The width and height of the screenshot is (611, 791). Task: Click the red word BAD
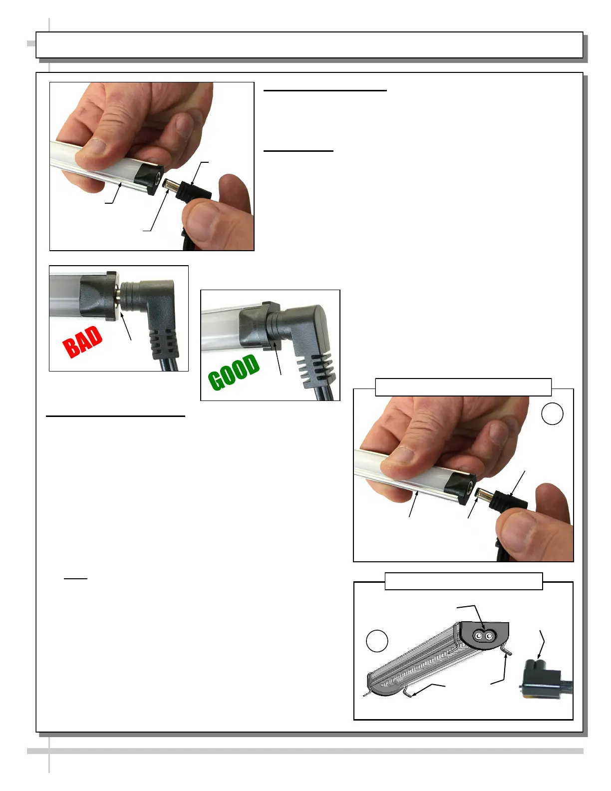[x=82, y=342]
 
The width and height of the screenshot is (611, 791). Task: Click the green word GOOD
[x=234, y=372]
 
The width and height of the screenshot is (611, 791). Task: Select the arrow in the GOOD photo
[x=278, y=358]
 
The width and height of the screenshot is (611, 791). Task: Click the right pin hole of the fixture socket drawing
[x=490, y=636]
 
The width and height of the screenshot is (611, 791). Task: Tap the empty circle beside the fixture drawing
[x=377, y=641]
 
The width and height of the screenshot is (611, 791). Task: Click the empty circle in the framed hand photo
[x=552, y=413]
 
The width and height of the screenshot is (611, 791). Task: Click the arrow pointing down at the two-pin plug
[x=542, y=645]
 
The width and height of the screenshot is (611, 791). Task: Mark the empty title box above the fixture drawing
[x=464, y=581]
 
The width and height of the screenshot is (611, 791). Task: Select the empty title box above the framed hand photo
[x=463, y=387]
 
